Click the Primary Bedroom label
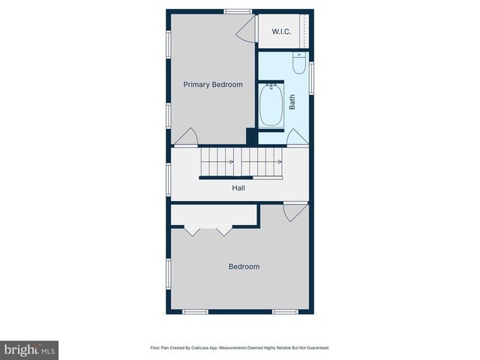pos(213,85)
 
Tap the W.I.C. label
pos(281,31)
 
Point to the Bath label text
pos(292,100)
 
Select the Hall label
pos(238,187)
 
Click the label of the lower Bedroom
pos(244,266)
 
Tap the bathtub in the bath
pos(271,105)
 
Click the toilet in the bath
pos(298,65)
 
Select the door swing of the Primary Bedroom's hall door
pos(186,137)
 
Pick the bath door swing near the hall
pos(297,137)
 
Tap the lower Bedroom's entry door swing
pos(295,211)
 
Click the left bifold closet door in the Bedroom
pos(193,230)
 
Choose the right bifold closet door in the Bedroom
pos(224,230)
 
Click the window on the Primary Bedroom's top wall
pos(238,10)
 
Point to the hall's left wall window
pos(168,177)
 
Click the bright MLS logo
pos(29,349)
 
